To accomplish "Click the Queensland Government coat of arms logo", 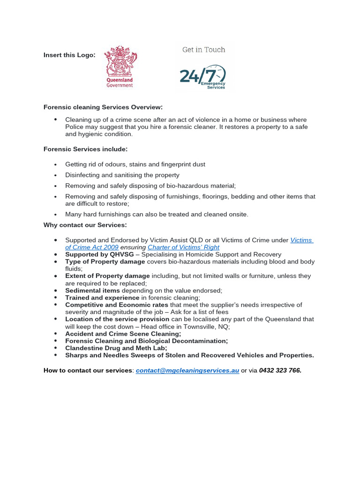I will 120,66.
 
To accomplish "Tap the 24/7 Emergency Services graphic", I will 203,76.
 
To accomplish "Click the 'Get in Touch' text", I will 203,50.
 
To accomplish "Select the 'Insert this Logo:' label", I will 69,55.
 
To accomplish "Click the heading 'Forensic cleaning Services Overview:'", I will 103,107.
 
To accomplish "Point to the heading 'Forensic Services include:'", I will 85,149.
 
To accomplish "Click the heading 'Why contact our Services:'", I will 85,225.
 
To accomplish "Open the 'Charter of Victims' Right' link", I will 183,247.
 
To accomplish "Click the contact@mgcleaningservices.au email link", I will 187,370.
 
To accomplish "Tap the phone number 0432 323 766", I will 280,370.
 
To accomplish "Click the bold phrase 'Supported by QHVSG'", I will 99,255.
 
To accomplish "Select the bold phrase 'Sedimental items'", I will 92,291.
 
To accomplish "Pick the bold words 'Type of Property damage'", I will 105,262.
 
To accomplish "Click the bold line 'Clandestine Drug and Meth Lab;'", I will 116,348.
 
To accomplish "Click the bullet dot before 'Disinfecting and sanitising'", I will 56,175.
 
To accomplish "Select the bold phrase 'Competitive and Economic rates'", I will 117,305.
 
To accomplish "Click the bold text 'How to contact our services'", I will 88,370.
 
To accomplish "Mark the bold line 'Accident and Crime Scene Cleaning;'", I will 123,334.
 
